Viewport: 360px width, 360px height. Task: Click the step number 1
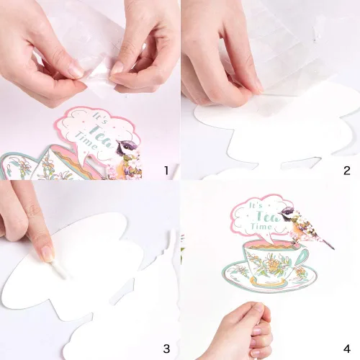(166, 171)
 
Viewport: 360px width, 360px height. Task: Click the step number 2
(347, 171)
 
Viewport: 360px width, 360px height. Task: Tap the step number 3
(166, 348)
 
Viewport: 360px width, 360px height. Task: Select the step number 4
(347, 348)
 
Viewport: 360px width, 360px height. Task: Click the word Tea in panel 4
(269, 216)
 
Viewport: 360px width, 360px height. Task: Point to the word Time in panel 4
(261, 226)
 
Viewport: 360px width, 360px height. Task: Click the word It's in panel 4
(256, 206)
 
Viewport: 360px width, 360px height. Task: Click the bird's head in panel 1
(123, 146)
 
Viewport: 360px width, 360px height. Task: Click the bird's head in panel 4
(286, 214)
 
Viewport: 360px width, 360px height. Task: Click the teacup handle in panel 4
(303, 258)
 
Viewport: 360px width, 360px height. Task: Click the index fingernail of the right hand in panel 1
(117, 68)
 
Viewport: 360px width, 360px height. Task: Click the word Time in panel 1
(86, 141)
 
